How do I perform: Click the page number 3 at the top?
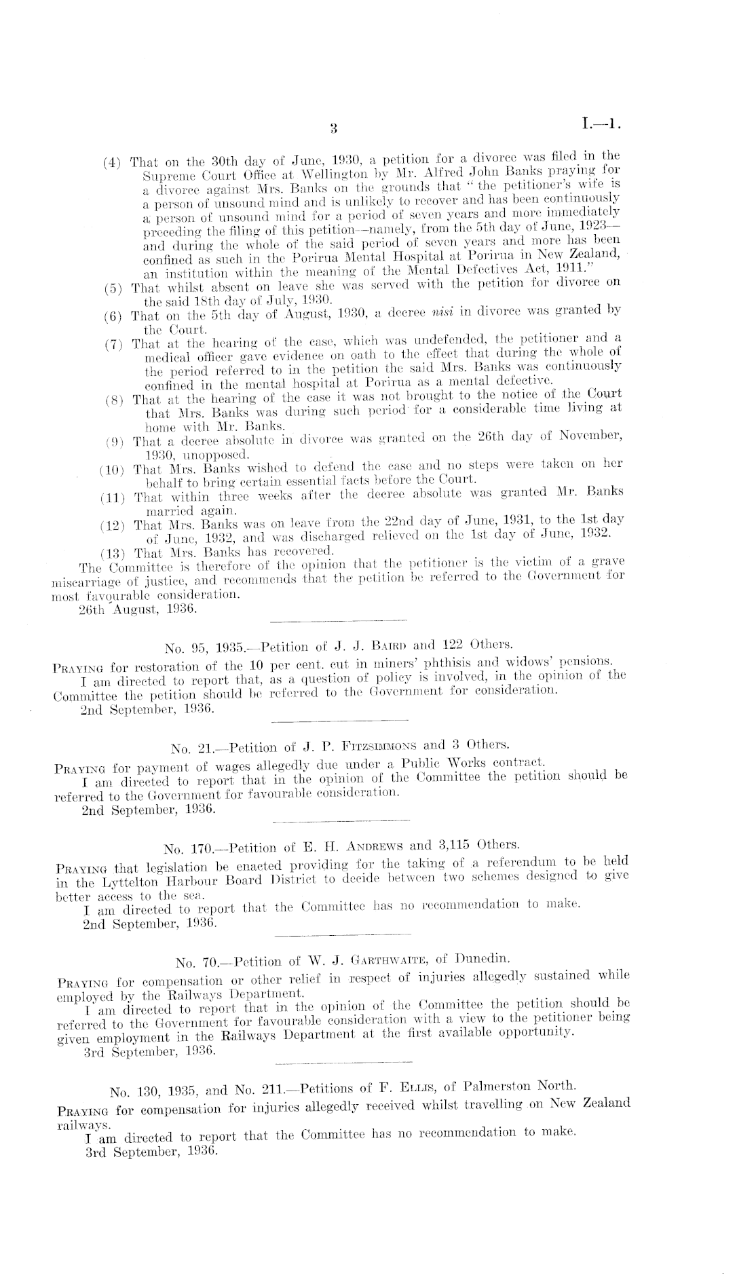pos(333,127)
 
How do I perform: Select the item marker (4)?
pos(112,163)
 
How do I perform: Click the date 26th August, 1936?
pos(138,609)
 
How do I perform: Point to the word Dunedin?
pos(481,960)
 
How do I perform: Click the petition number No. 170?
pos(186,848)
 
